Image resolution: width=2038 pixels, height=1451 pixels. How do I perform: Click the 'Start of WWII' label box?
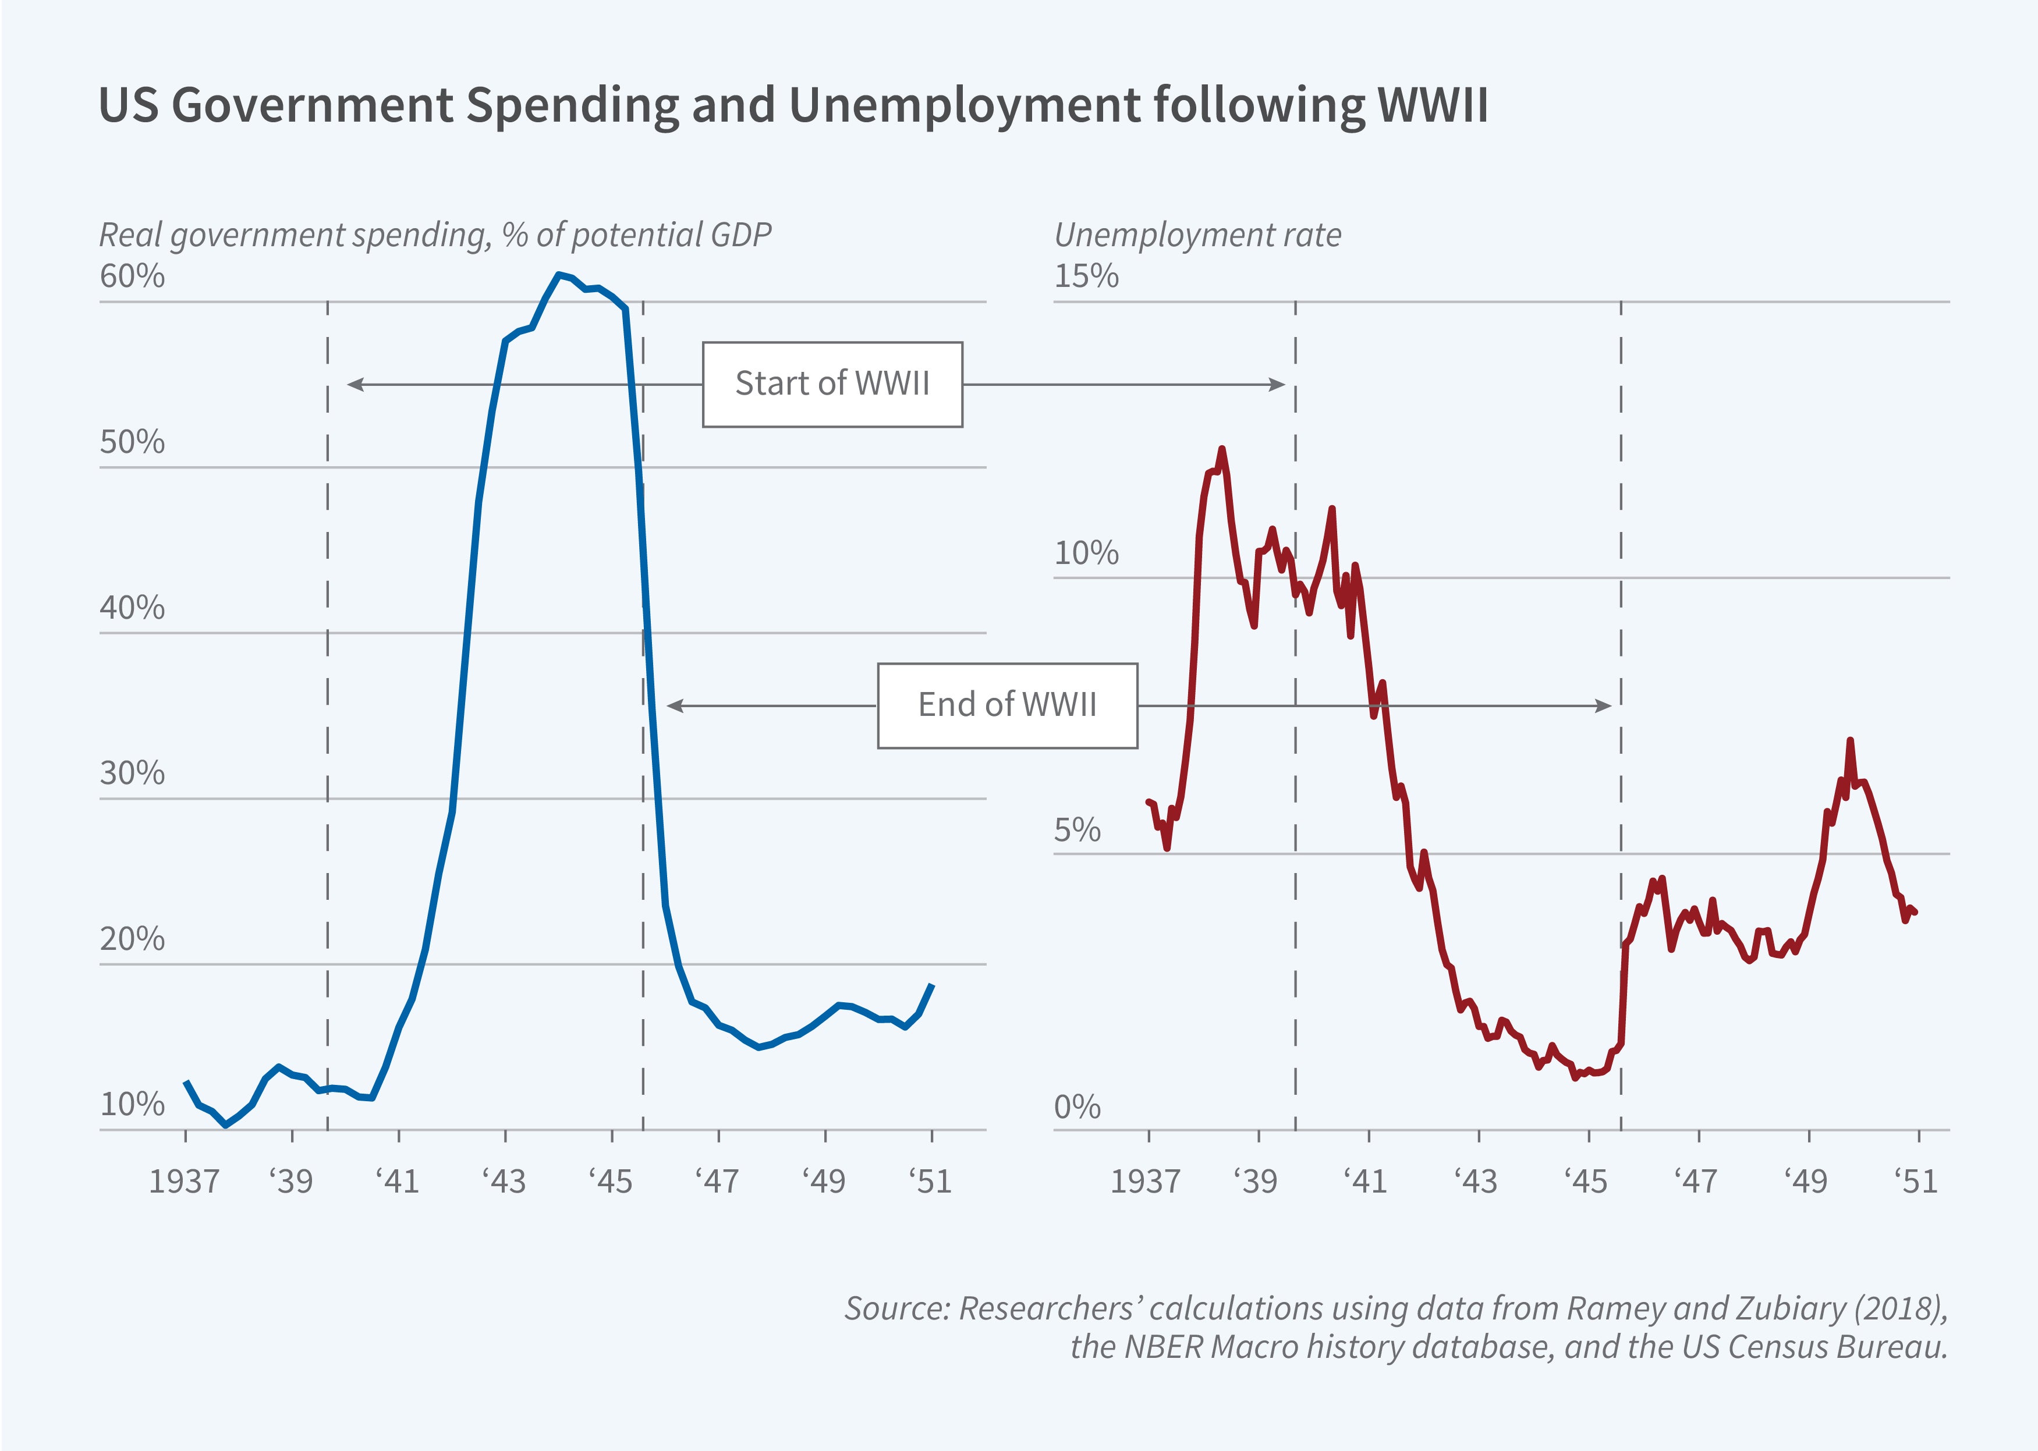click(832, 384)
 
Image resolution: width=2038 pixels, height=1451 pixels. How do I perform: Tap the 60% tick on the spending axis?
click(132, 276)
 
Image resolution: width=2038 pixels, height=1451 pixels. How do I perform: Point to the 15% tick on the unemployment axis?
click(1086, 276)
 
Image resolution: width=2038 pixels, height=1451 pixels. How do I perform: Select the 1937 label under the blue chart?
click(184, 1181)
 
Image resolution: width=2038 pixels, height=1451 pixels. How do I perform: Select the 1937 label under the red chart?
click(1146, 1181)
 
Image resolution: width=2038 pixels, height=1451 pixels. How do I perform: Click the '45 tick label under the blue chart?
click(611, 1181)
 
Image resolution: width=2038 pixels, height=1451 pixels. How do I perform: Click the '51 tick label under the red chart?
click(1916, 1181)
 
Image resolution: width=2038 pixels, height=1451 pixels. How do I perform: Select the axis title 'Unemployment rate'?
click(1197, 235)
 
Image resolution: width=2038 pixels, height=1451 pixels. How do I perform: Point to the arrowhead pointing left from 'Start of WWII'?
click(355, 384)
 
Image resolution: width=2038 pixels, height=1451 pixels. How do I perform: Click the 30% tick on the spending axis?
click(132, 773)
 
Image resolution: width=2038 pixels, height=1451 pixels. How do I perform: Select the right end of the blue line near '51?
click(932, 985)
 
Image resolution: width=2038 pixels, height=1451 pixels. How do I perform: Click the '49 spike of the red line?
click(1849, 741)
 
